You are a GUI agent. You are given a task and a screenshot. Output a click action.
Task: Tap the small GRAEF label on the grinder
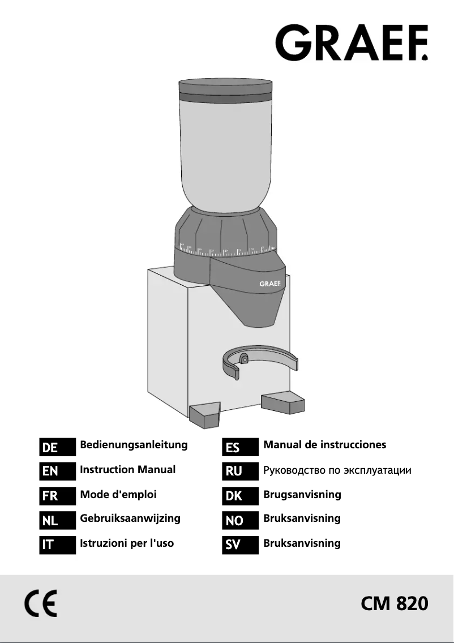coord(271,284)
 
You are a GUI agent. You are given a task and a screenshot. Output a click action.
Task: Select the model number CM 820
coord(394,604)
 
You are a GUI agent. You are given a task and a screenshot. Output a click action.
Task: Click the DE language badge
coord(57,447)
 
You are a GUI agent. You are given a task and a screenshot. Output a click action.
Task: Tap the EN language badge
coord(57,471)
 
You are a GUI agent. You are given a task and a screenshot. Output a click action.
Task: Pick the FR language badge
coord(57,496)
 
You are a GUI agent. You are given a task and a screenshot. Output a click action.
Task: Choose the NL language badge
coord(57,520)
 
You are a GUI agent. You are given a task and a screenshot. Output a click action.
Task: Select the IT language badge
coord(57,545)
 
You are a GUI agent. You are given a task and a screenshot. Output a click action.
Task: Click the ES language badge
coord(241,447)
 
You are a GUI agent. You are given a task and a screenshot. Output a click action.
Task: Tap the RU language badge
coord(241,471)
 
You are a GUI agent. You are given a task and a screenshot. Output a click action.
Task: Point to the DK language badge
coord(241,496)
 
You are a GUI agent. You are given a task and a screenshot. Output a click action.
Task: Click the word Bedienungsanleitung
coord(134,445)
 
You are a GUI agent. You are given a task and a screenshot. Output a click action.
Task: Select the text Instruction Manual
coord(128,470)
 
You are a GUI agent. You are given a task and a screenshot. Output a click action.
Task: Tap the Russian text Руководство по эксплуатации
coord(337,470)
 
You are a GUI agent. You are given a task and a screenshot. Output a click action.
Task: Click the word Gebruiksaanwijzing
coord(130,518)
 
